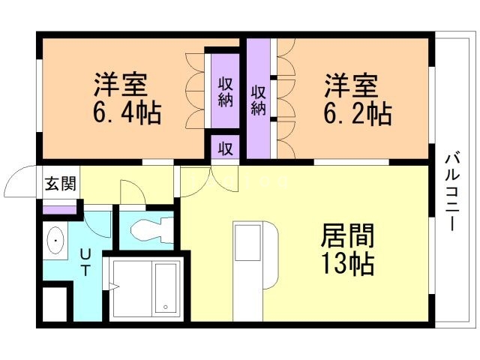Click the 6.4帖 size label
[127, 113]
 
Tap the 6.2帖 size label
[358, 113]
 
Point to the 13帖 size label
[347, 263]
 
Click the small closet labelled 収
[224, 148]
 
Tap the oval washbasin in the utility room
[55, 242]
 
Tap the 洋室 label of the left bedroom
[120, 82]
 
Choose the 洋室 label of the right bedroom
[350, 82]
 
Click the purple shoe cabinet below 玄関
[58, 209]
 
